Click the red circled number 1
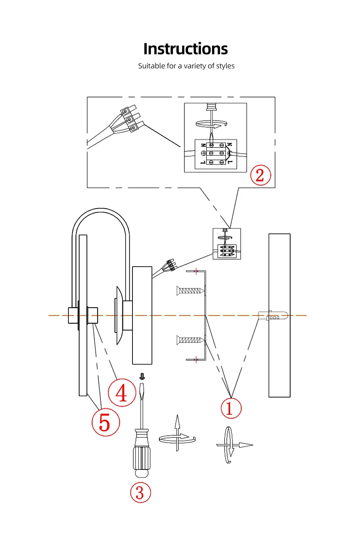(x=231, y=408)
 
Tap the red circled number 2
(x=260, y=175)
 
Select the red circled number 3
(x=140, y=493)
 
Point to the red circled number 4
(x=122, y=393)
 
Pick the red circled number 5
(x=105, y=422)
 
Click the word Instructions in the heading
(x=185, y=49)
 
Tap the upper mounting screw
(x=190, y=290)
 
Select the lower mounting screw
(x=190, y=340)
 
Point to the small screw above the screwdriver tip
(x=142, y=377)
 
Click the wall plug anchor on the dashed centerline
(x=274, y=316)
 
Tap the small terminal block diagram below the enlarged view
(x=227, y=244)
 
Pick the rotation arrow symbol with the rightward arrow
(x=232, y=445)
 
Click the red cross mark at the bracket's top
(x=196, y=271)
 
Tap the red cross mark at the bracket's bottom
(x=196, y=359)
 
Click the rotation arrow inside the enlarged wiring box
(x=211, y=124)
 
